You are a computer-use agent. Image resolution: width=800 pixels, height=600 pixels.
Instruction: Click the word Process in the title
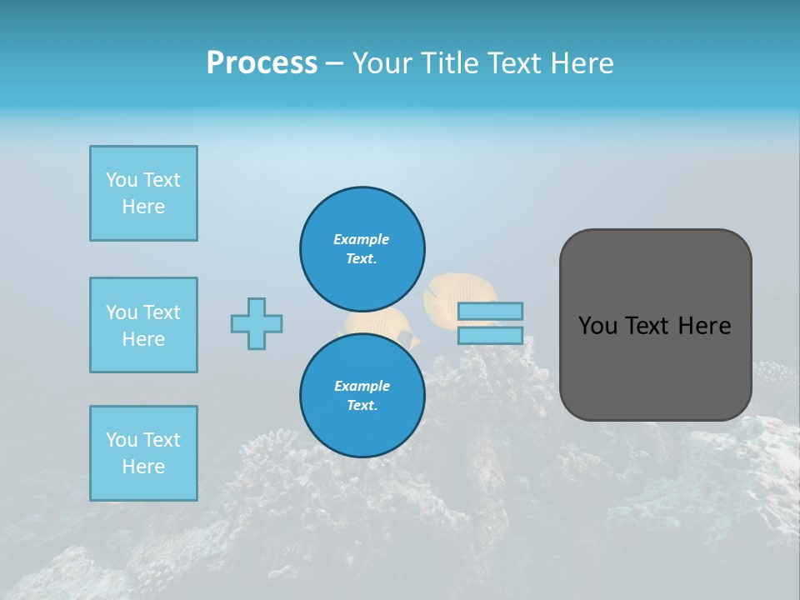262,63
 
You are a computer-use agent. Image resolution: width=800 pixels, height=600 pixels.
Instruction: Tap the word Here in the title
581,63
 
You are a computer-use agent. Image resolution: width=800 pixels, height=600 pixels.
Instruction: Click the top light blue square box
143,193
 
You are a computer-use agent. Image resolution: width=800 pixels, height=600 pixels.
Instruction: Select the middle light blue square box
143,325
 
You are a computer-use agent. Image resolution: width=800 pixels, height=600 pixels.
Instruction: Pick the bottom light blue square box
143,453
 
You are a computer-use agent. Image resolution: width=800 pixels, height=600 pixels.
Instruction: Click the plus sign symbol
257,323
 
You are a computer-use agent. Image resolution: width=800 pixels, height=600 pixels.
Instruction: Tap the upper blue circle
362,248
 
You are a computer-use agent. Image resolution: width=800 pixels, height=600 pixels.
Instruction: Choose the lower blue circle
362,395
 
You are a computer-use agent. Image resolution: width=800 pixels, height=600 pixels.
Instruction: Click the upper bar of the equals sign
490,311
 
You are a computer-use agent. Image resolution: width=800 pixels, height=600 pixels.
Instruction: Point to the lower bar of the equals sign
490,335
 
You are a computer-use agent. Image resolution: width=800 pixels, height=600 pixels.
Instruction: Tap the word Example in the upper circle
362,239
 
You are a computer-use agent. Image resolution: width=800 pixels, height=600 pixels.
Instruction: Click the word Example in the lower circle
362,386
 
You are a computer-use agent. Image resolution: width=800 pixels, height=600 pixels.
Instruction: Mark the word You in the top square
121,180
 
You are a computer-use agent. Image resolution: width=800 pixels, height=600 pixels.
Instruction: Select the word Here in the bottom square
143,467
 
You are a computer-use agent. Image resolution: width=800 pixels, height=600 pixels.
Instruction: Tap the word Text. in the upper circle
362,258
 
